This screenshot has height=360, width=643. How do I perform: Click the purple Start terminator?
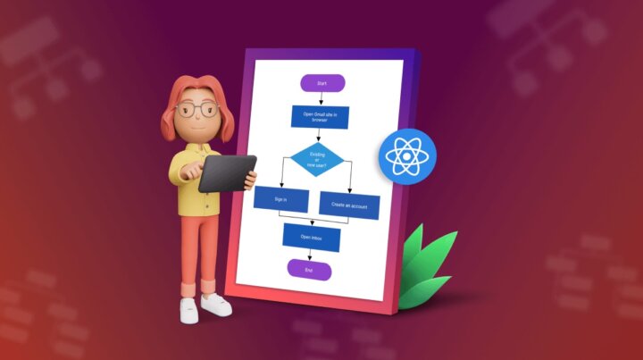coord(321,83)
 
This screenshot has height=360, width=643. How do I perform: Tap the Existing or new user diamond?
coord(317,160)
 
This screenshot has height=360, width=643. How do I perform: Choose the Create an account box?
coord(349,205)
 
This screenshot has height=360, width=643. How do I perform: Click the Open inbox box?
coord(311,237)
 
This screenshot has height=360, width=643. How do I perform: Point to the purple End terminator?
coord(309,270)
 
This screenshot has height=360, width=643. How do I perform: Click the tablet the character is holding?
coord(227,173)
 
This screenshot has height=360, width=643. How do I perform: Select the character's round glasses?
coord(197,111)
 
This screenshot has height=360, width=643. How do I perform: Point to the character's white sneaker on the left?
coord(189,309)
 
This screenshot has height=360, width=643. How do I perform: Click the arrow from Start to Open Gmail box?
coord(320,98)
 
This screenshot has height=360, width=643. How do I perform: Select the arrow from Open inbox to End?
coord(310,255)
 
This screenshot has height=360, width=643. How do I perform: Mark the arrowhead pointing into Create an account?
coord(350,190)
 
